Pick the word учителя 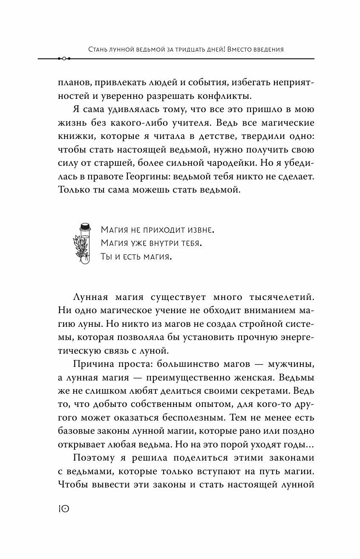191,124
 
